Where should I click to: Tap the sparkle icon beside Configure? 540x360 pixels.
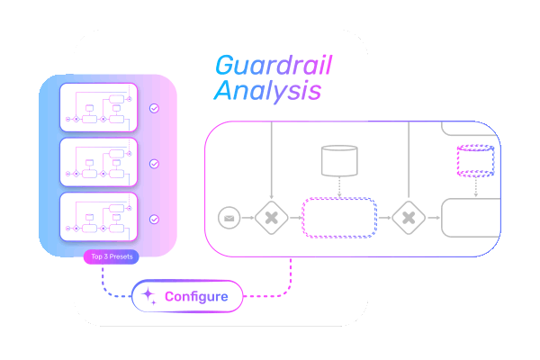tap(148, 295)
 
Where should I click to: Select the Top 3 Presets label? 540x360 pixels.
tap(111, 256)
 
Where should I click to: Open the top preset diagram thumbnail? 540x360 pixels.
tap(98, 108)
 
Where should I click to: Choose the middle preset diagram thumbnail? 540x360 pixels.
tap(98, 163)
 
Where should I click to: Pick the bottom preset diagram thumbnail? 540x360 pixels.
tap(98, 218)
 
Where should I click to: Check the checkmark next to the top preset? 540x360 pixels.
tap(154, 108)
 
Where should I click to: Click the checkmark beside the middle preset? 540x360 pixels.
tap(154, 164)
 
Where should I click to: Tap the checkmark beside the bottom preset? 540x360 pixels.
tap(154, 219)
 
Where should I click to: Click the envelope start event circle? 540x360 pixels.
tap(229, 217)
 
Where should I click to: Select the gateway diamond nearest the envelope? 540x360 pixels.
tap(270, 217)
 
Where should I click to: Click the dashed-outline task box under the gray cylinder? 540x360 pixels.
tap(338, 217)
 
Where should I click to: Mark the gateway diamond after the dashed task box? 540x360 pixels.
tap(407, 217)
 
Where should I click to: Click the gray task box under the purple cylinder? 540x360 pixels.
tap(471, 217)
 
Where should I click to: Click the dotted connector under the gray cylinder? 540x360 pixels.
tap(339, 187)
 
